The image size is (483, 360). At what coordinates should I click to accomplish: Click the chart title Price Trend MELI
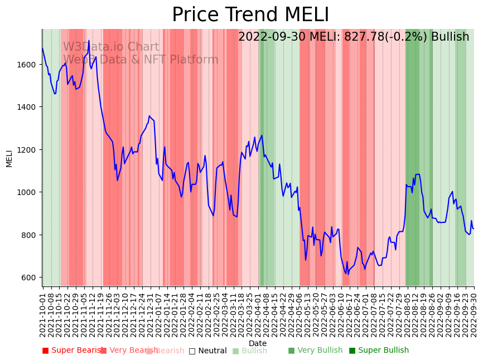tap(250, 15)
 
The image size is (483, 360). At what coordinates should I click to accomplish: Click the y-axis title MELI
tap(9, 158)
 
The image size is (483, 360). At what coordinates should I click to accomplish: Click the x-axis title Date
tap(258, 343)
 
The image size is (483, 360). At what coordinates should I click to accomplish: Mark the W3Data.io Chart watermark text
tap(111, 47)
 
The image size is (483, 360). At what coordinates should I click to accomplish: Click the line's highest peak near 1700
tap(88, 41)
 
